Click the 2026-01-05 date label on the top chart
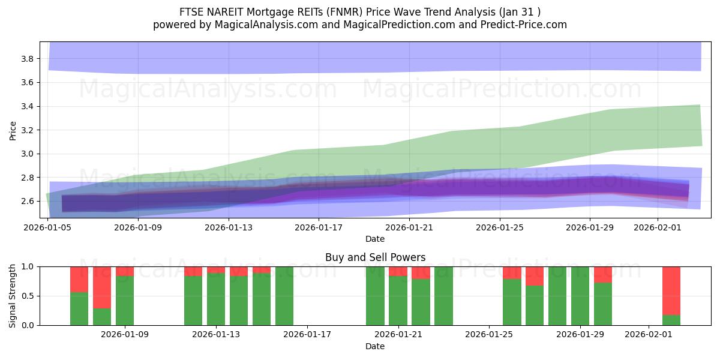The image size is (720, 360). coord(48,227)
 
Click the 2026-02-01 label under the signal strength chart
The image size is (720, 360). coord(649,334)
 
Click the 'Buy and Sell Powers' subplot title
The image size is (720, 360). coord(375,257)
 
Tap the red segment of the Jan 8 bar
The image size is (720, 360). coord(102,287)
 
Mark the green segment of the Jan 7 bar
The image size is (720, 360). coord(79,309)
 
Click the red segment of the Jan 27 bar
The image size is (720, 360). coord(535,276)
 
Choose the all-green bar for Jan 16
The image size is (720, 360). coord(284,296)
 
